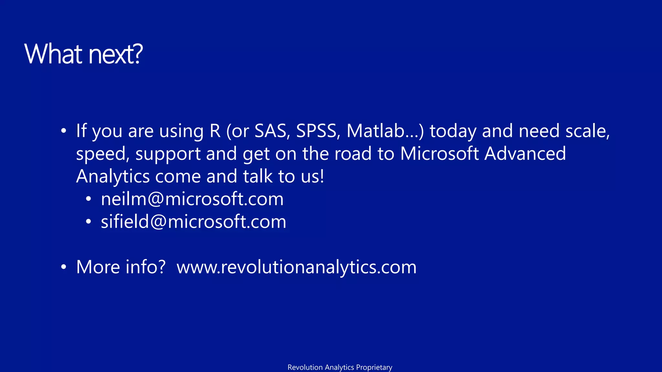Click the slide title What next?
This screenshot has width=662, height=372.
click(83, 54)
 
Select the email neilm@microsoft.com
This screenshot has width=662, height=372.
click(192, 199)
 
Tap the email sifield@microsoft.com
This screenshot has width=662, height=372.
click(193, 222)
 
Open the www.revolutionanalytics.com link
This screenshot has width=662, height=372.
click(296, 267)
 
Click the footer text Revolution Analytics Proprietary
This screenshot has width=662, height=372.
click(340, 367)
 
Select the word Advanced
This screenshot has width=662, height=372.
click(525, 154)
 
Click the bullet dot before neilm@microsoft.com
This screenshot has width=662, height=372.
click(89, 199)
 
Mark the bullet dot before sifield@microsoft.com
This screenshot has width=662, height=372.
click(89, 222)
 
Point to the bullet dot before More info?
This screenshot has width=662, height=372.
click(64, 267)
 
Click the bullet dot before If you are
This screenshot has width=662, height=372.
click(64, 131)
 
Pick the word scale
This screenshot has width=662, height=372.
click(587, 131)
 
